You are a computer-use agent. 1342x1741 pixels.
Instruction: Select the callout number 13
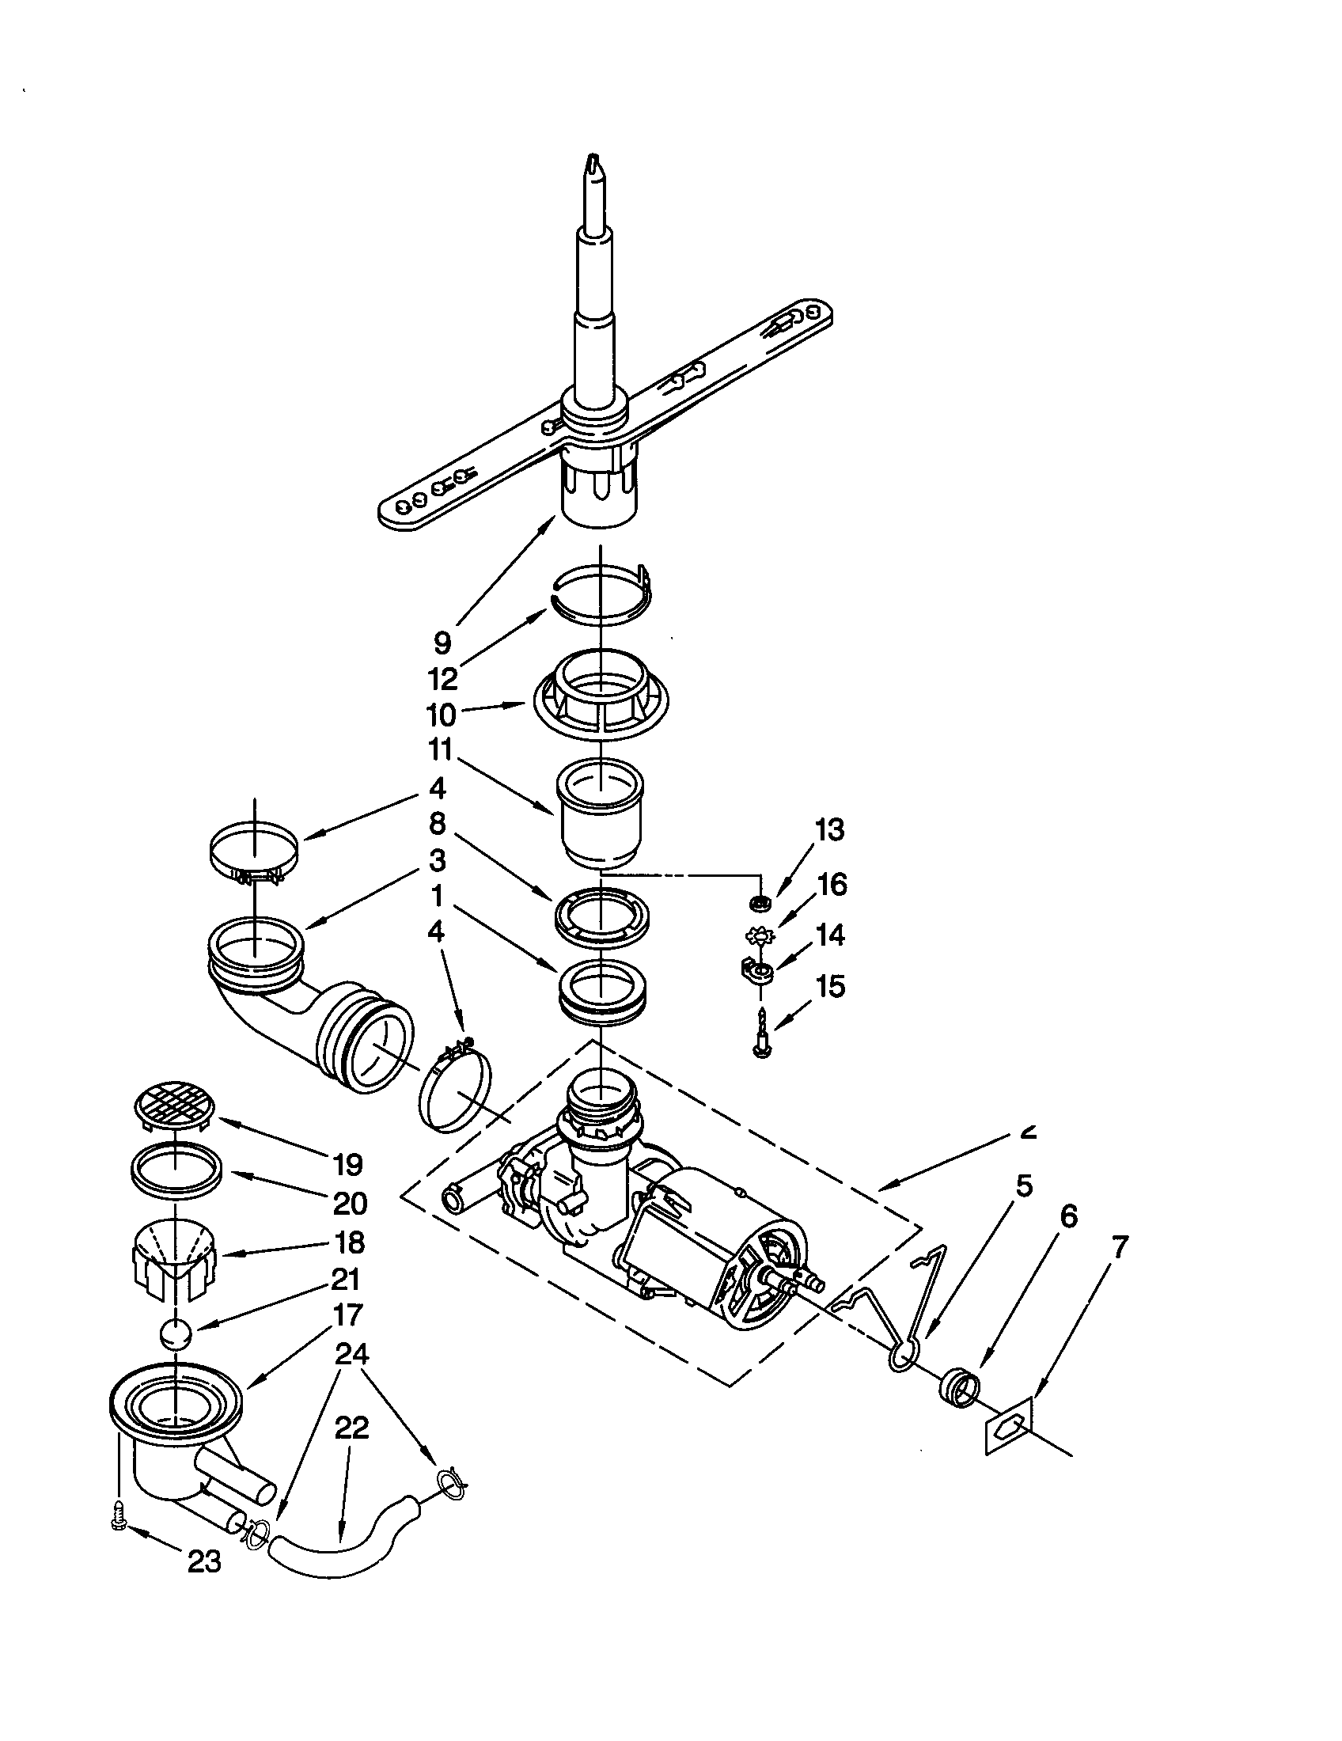(x=829, y=830)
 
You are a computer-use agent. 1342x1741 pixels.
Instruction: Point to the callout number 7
(x=1120, y=1247)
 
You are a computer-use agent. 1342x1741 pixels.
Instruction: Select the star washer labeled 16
(x=759, y=935)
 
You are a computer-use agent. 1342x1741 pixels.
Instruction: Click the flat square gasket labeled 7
(x=1008, y=1425)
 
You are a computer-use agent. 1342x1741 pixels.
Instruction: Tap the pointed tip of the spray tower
(x=593, y=161)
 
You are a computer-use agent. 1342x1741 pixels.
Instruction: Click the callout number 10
(x=441, y=714)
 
